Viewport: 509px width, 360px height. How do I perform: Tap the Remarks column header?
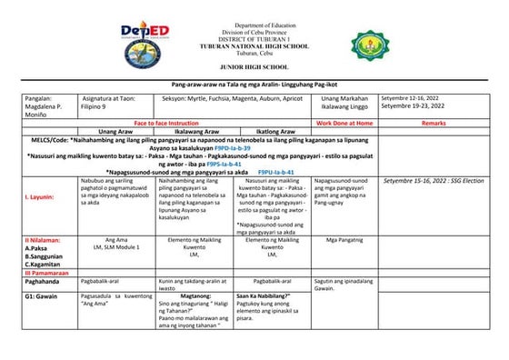point(434,122)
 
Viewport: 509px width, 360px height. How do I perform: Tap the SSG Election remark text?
point(434,181)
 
